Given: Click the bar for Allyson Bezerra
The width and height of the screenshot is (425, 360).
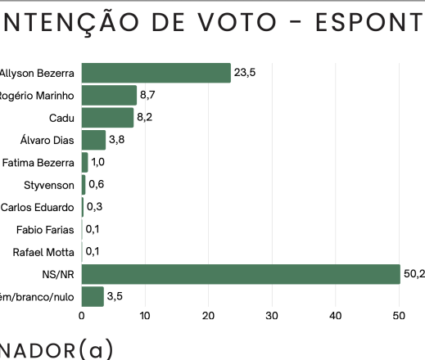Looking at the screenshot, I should [156, 73].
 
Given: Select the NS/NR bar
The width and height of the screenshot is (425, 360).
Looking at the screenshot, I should [241, 273].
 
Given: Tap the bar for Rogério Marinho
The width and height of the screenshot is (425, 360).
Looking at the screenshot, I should [109, 95].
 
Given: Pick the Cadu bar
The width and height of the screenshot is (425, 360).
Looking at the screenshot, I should [107, 118].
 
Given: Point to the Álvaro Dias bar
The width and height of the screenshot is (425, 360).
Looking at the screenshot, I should [93, 140].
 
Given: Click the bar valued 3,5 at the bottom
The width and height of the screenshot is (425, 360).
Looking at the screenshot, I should [93, 295].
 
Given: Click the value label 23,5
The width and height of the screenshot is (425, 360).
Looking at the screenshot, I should [245, 73].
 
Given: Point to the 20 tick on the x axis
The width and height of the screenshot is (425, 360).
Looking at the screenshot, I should [208, 314].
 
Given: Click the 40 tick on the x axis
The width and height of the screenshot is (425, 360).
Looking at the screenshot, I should [335, 314].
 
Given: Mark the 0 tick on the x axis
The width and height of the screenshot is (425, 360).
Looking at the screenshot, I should [81, 314].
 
